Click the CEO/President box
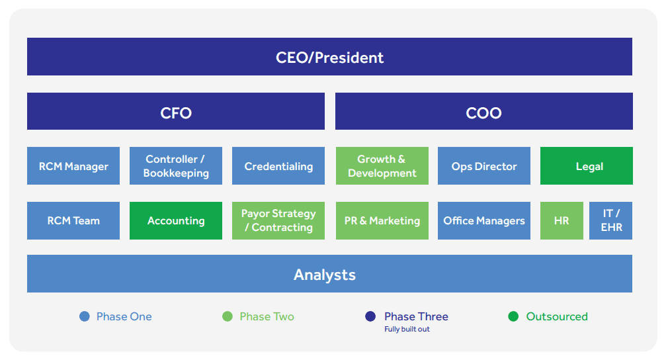[329, 57]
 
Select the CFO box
[175, 111]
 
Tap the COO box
[484, 111]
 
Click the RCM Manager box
[73, 165]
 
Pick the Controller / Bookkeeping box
[175, 165]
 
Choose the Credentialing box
[278, 165]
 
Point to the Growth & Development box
[382, 165]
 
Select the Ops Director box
[484, 165]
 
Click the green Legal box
[586, 165]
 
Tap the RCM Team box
[73, 220]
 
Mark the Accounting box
[175, 220]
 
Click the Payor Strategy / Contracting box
[278, 220]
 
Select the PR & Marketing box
[382, 220]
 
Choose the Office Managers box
[484, 220]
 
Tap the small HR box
[562, 220]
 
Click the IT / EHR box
[611, 220]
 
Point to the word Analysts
[325, 275]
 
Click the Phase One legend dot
[85, 316]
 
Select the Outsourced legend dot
[513, 316]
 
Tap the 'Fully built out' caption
[407, 329]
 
